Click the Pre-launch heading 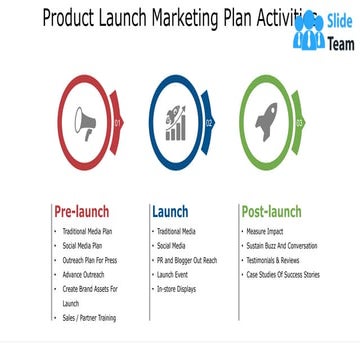[81, 212]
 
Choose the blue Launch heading [170, 212]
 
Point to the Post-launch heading [271, 212]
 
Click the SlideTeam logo [323, 30]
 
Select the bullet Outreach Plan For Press [89, 260]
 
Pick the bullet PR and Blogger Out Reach [187, 260]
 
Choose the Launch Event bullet [174, 274]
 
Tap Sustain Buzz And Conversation [282, 245]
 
